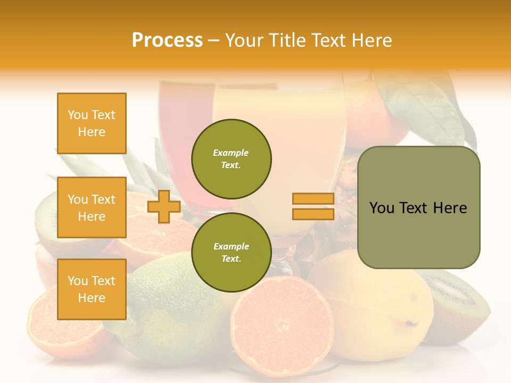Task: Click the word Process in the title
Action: point(167,40)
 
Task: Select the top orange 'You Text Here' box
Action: point(92,123)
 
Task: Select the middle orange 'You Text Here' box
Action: point(92,207)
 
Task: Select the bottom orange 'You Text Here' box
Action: point(92,289)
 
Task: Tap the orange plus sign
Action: point(164,206)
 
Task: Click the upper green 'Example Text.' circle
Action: point(232,159)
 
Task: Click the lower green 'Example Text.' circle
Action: point(232,252)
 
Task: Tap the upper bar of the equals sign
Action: point(313,199)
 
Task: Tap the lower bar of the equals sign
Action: point(313,214)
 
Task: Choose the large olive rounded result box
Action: point(419,207)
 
